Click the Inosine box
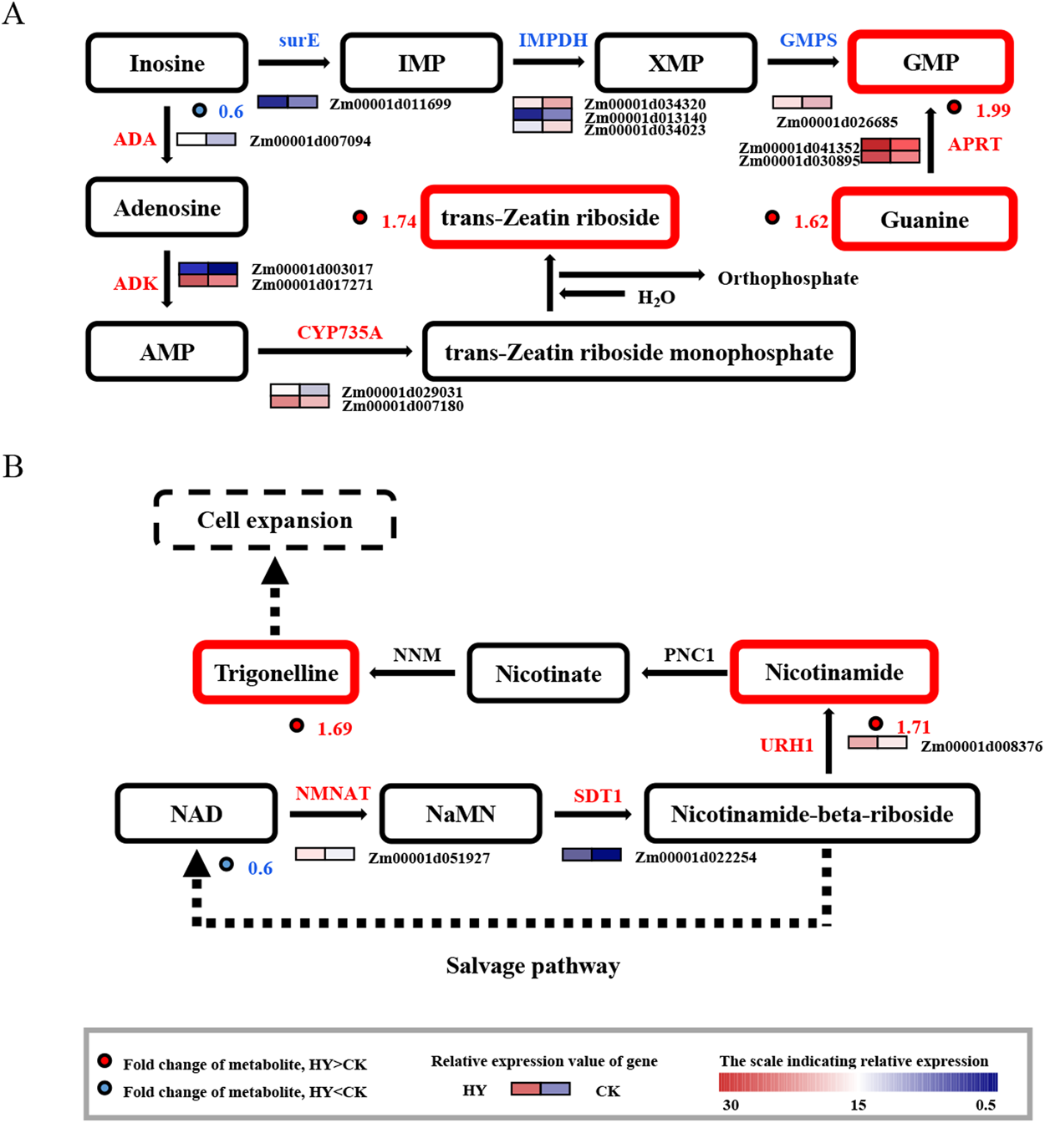pyautogui.click(x=167, y=64)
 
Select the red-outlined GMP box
pyautogui.click(x=930, y=63)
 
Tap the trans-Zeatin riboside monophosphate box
pyautogui.click(x=639, y=353)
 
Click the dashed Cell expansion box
pyautogui.click(x=275, y=520)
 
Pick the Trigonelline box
pyautogui.click(x=276, y=673)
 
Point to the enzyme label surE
pyautogui.click(x=299, y=41)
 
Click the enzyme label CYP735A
pyautogui.click(x=339, y=333)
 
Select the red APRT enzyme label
pyautogui.click(x=974, y=145)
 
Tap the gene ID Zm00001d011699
pyautogui.click(x=390, y=104)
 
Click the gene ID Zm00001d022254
pyautogui.click(x=696, y=857)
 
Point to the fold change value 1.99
pyautogui.click(x=993, y=110)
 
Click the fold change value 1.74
pyautogui.click(x=399, y=221)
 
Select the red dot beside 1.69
pyautogui.click(x=297, y=725)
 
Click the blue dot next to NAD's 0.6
pyautogui.click(x=227, y=864)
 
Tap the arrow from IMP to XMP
pyautogui.click(x=548, y=63)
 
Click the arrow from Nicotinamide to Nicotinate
pyautogui.click(x=685, y=673)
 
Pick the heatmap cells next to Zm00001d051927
pyautogui.click(x=325, y=854)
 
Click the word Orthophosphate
pyautogui.click(x=788, y=278)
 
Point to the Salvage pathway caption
pyautogui.click(x=533, y=966)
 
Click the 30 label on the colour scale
pyautogui.click(x=731, y=1105)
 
